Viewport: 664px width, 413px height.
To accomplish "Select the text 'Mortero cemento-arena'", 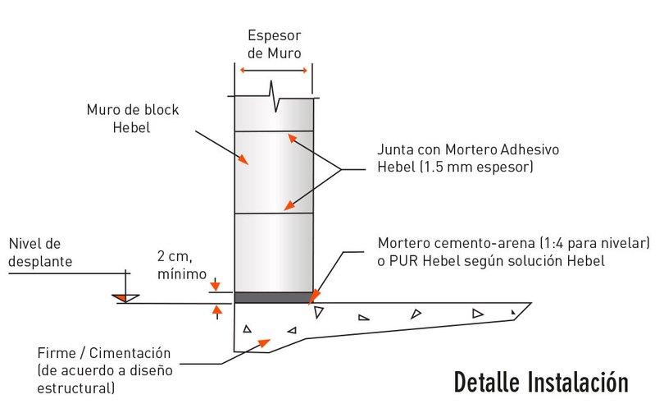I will point(448,244).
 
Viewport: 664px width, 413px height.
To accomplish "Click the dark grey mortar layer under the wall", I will point(275,296).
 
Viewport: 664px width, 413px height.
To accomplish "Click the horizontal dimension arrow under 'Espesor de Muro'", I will point(275,71).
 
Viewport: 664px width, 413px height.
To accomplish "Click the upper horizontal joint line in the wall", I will point(275,131).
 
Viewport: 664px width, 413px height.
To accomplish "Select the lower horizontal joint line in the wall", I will point(275,213).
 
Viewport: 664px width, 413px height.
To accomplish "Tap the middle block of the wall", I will point(275,172).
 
